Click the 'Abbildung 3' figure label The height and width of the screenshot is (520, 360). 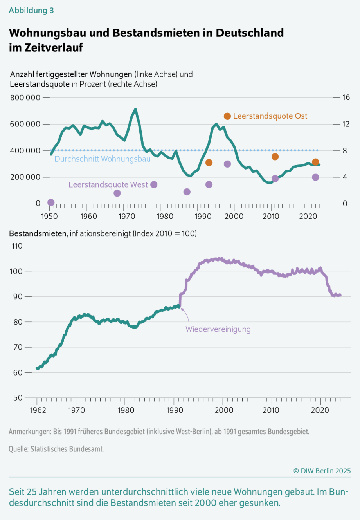click(x=31, y=11)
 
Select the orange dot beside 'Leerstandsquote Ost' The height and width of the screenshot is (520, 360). click(x=227, y=116)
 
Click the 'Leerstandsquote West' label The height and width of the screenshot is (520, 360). click(x=108, y=185)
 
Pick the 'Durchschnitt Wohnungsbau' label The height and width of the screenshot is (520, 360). click(x=102, y=159)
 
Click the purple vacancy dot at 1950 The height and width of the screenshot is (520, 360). click(x=51, y=202)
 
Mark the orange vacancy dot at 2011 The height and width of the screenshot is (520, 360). click(x=275, y=157)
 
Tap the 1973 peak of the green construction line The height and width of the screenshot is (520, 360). click(x=135, y=109)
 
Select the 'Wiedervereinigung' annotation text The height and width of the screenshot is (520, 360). click(x=218, y=329)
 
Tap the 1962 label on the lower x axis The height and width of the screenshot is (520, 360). click(x=38, y=410)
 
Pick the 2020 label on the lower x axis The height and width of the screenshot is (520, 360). click(x=320, y=410)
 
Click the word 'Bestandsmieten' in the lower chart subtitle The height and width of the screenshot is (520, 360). click(x=38, y=234)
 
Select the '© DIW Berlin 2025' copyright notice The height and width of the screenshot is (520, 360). click(x=322, y=471)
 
